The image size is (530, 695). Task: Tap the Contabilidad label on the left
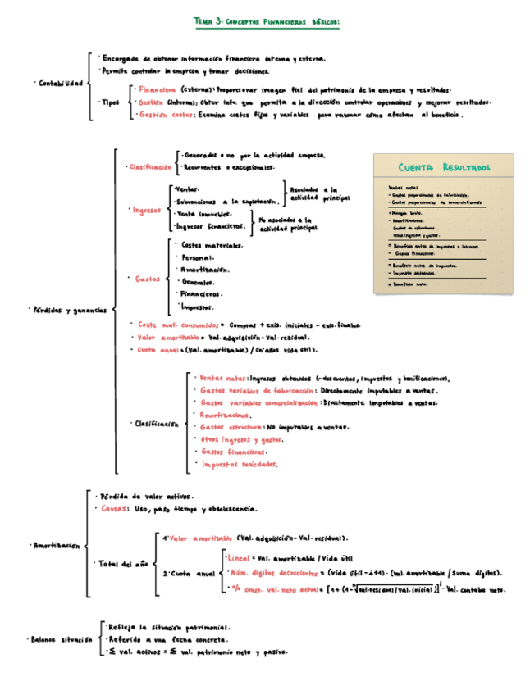pyautogui.click(x=60, y=83)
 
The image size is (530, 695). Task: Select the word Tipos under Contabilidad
pyautogui.click(x=108, y=103)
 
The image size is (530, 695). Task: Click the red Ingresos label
pyautogui.click(x=146, y=210)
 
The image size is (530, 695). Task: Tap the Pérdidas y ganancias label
pyautogui.click(x=69, y=310)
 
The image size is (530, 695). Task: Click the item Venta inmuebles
pyautogui.click(x=204, y=214)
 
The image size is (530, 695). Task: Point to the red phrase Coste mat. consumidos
pyautogui.click(x=172, y=325)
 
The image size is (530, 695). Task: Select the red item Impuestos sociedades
pyautogui.click(x=239, y=464)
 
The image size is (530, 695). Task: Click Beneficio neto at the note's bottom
pyautogui.click(x=411, y=284)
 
